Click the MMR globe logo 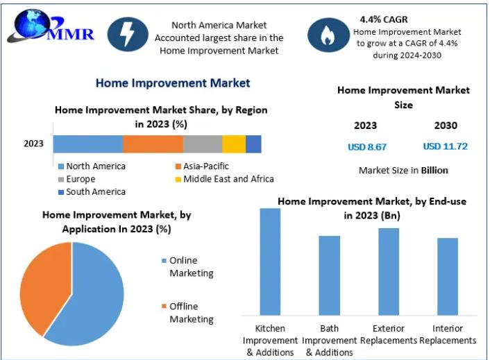pos(50,26)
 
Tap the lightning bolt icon pos(128,34)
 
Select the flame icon pos(328,35)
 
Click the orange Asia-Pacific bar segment pos(153,144)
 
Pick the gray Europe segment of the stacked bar pos(203,144)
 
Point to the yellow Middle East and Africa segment pos(234,144)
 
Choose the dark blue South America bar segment pos(253,144)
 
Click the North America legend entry pos(92,166)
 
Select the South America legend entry pos(92,191)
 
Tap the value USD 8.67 pos(367,147)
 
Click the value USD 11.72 pos(446,146)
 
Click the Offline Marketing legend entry pos(187,313)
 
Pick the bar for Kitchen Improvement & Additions pos(270,262)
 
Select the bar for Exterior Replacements pos(389,272)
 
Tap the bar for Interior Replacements pos(448,277)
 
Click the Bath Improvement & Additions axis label pos(330,341)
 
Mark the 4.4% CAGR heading pos(384,19)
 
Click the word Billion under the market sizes pos(434,171)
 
